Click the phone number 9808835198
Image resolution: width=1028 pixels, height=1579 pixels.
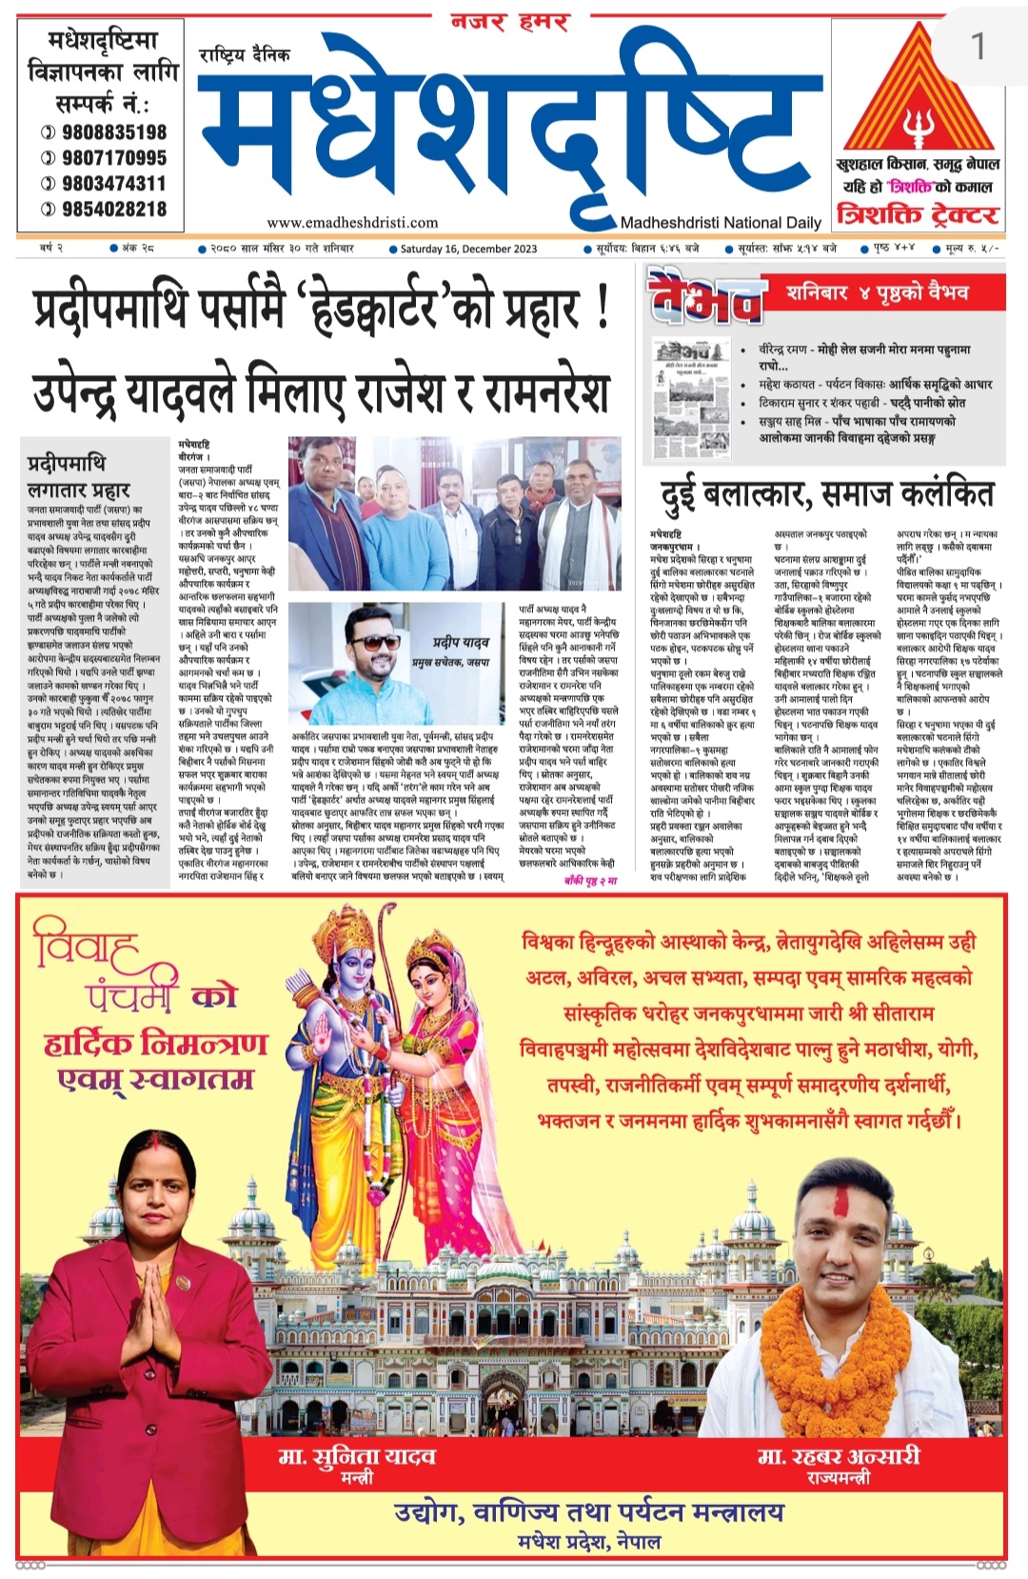coord(113,132)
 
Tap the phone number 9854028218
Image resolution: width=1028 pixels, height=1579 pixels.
coord(113,209)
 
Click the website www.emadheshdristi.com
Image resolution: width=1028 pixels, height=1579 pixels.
coord(352,222)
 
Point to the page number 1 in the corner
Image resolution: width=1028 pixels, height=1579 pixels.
coord(977,45)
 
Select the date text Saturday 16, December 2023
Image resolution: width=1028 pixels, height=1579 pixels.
coord(468,249)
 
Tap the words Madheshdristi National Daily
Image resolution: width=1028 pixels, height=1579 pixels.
coord(721,222)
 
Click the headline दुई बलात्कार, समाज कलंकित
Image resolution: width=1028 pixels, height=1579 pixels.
coord(826,494)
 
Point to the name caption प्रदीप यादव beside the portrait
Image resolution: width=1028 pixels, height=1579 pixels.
coord(461,643)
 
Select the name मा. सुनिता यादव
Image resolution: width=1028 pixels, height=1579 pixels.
coord(356,1455)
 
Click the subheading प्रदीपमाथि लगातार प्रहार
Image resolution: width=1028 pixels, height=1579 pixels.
coord(78,476)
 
